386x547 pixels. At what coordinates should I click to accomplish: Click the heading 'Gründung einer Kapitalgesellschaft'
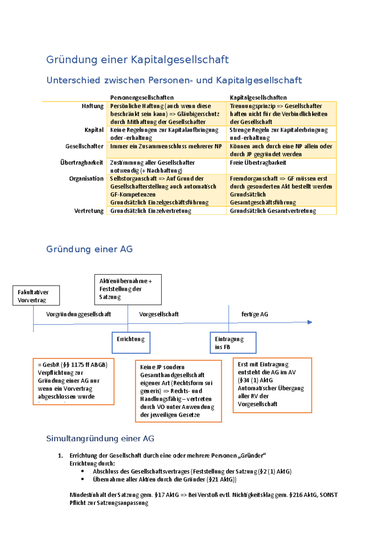point(137,60)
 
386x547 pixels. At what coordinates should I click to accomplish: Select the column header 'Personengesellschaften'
point(142,98)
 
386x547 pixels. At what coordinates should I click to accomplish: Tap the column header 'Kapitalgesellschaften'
point(258,98)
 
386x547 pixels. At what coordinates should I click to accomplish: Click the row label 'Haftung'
point(93,106)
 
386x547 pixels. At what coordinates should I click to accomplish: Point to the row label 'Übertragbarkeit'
point(82,163)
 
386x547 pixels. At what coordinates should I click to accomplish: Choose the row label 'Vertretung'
point(89,211)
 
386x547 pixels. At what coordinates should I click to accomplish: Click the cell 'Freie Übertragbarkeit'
point(258,163)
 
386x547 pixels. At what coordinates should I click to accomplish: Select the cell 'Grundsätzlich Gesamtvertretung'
point(273,211)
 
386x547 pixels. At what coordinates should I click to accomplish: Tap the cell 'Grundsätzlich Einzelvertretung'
point(151,211)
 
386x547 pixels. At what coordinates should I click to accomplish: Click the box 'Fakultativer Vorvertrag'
point(36,296)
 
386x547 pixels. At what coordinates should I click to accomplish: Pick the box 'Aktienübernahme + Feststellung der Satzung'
point(128,289)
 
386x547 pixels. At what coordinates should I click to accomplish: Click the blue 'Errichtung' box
point(131,342)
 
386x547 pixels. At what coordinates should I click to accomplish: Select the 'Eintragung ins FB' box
point(233,343)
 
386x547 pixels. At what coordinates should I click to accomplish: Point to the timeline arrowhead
point(310,322)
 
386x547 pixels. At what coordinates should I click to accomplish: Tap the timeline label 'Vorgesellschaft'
point(159,314)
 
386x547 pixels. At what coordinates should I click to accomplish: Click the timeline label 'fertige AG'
point(254,314)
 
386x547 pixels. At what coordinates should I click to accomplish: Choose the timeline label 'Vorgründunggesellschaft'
point(78,314)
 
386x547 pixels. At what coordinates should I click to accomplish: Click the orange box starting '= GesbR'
point(73,381)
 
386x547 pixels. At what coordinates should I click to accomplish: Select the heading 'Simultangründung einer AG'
point(100,438)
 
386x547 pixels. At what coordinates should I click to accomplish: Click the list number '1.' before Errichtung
point(60,456)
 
